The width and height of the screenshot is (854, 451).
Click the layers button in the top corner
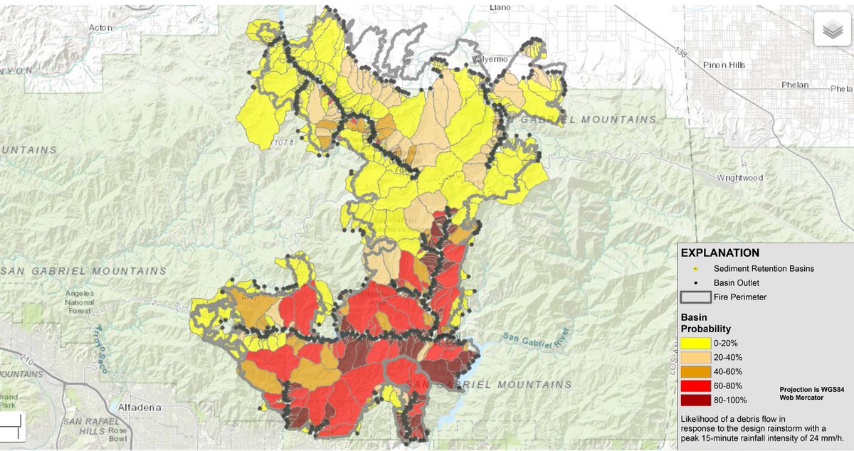pyautogui.click(x=832, y=29)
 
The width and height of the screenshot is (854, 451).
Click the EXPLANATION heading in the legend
pyautogui.click(x=719, y=253)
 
